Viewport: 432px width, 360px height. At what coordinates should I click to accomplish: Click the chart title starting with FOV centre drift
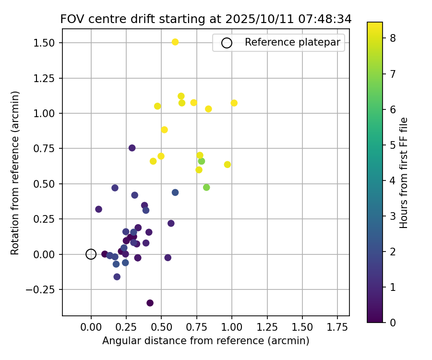pos(206,19)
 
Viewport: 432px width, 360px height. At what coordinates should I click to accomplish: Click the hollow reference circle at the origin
pos(91,254)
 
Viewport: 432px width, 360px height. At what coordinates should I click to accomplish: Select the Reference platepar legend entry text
pos(292,42)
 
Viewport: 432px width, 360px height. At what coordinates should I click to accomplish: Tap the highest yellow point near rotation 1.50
pos(175,42)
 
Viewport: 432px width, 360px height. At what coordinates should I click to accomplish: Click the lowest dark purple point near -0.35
pos(150,303)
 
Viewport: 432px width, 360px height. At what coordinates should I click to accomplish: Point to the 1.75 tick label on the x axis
pos(337,327)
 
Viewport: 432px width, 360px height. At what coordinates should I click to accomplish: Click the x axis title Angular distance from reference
pos(205,341)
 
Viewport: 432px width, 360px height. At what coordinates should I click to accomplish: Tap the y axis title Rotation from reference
pos(15,172)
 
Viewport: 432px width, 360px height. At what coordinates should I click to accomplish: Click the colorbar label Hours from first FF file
pos(404,172)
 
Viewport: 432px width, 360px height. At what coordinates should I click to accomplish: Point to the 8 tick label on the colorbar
pos(393,38)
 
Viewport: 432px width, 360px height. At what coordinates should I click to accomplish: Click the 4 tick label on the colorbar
pos(393,180)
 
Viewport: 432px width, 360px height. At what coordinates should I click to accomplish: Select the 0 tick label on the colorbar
pos(393,322)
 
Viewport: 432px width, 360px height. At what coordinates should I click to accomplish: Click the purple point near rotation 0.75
pos(132,148)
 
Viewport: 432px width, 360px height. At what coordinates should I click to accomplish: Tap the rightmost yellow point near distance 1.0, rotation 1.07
pos(234,103)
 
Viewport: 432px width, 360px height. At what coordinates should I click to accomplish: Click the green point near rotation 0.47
pos(206,187)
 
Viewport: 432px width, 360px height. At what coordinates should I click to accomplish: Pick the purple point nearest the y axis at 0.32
pos(98,209)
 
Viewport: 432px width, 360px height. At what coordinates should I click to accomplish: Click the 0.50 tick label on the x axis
pos(161,327)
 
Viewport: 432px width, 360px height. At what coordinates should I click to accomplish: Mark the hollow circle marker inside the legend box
pos(227,43)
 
